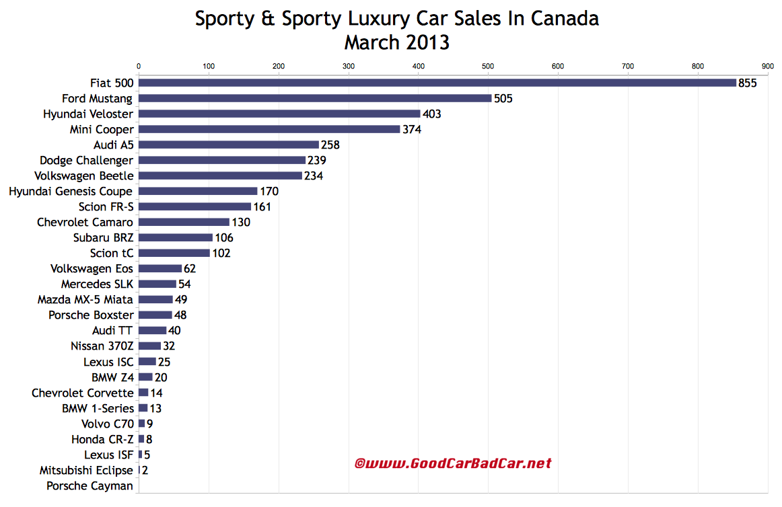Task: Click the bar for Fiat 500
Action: [x=437, y=83]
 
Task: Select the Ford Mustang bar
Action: [x=315, y=98]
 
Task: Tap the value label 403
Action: [x=431, y=114]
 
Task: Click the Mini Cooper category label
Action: [x=102, y=129]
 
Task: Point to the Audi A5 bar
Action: [x=229, y=145]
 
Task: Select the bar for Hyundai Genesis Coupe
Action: [x=198, y=192]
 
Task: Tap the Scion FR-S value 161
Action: [x=262, y=207]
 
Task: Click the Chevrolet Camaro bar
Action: [x=184, y=222]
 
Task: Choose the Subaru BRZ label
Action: [x=103, y=237]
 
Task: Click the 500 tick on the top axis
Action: [x=488, y=66]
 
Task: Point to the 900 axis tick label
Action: [x=767, y=66]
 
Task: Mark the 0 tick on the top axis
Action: [x=139, y=66]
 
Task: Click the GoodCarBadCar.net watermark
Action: [x=453, y=463]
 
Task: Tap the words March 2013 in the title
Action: [x=397, y=42]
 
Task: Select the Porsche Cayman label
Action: [x=90, y=485]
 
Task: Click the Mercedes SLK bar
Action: [x=157, y=284]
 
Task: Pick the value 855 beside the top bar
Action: [x=748, y=83]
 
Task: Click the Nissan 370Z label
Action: [x=102, y=346]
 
